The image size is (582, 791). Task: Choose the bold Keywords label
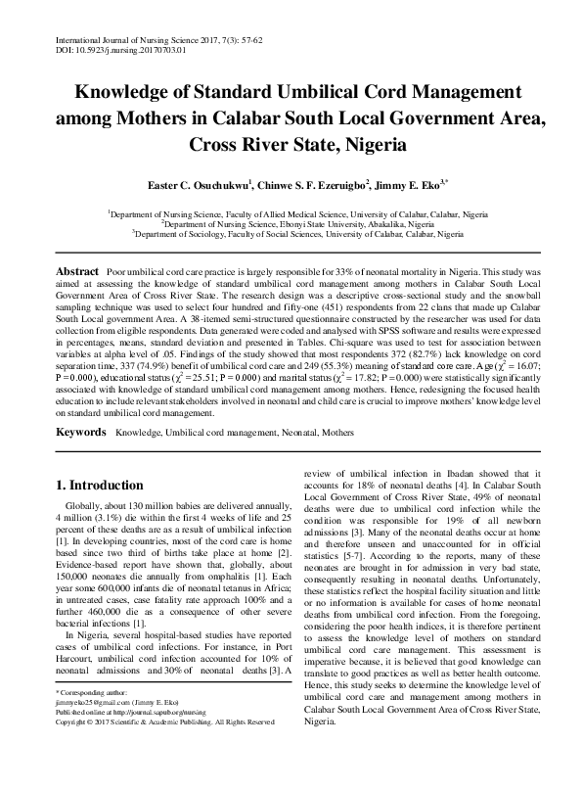pos(81,431)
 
